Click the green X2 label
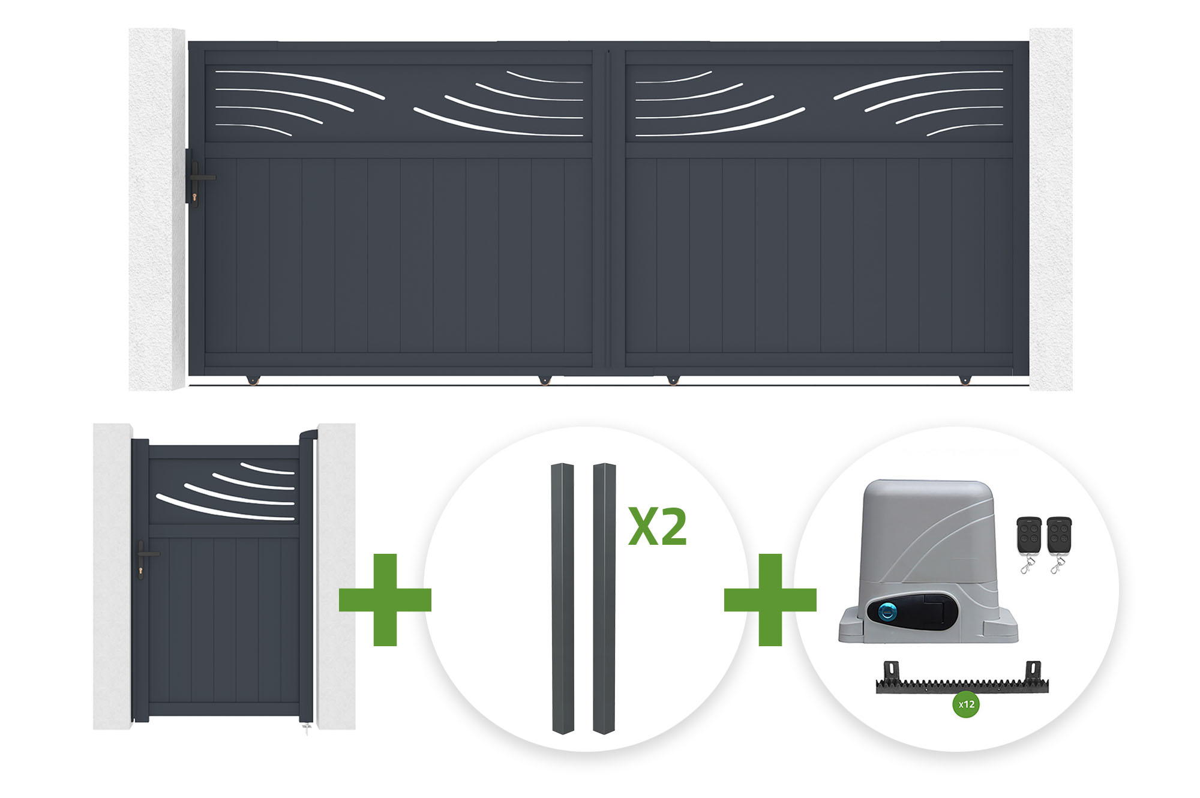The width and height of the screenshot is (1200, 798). (x=658, y=527)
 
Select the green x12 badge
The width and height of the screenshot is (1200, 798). (x=966, y=704)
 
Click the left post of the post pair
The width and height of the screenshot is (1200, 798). (x=563, y=598)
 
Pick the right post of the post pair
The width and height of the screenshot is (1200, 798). (x=605, y=598)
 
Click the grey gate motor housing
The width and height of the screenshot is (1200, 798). (x=928, y=562)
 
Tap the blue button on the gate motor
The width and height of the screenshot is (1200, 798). (x=887, y=612)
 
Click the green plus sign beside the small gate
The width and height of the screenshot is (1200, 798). (x=385, y=599)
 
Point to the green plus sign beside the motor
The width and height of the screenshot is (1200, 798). (x=770, y=599)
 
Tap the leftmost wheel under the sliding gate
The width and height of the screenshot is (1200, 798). (x=253, y=380)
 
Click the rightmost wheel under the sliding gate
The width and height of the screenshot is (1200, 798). (x=965, y=380)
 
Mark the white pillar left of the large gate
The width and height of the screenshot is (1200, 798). (x=157, y=209)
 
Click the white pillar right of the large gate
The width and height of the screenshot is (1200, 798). (x=1051, y=209)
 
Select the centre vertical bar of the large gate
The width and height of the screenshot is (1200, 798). (x=609, y=208)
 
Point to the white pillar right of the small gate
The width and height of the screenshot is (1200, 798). (x=336, y=577)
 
